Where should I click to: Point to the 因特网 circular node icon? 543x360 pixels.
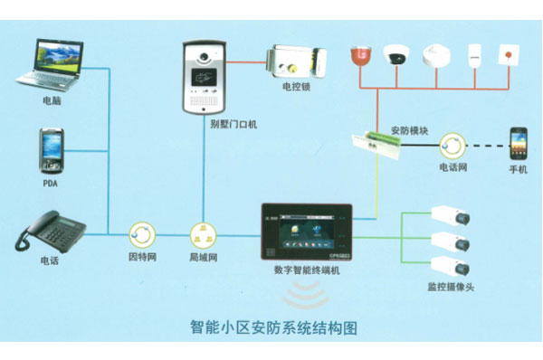(143, 236)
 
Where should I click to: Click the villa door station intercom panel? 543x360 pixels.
(207, 75)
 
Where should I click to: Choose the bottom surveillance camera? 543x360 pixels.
(451, 266)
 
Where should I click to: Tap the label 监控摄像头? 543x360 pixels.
(451, 288)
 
